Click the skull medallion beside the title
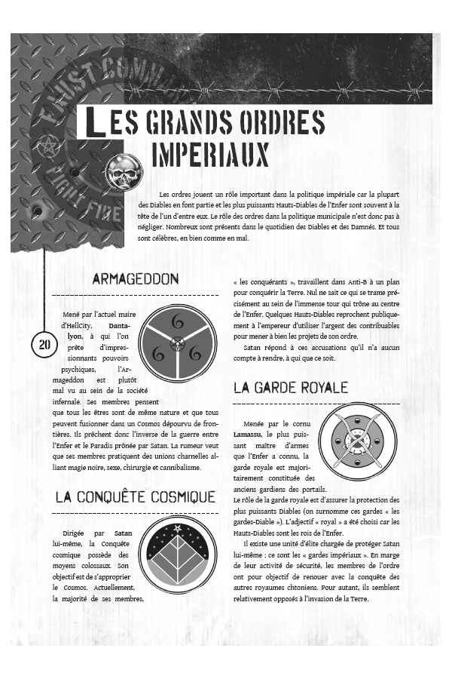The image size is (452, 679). click(124, 172)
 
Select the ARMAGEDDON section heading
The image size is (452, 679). click(136, 279)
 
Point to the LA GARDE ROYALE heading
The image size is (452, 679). click(291, 388)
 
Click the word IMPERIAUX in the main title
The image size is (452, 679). click(210, 153)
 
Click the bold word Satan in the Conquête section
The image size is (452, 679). click(123, 533)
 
